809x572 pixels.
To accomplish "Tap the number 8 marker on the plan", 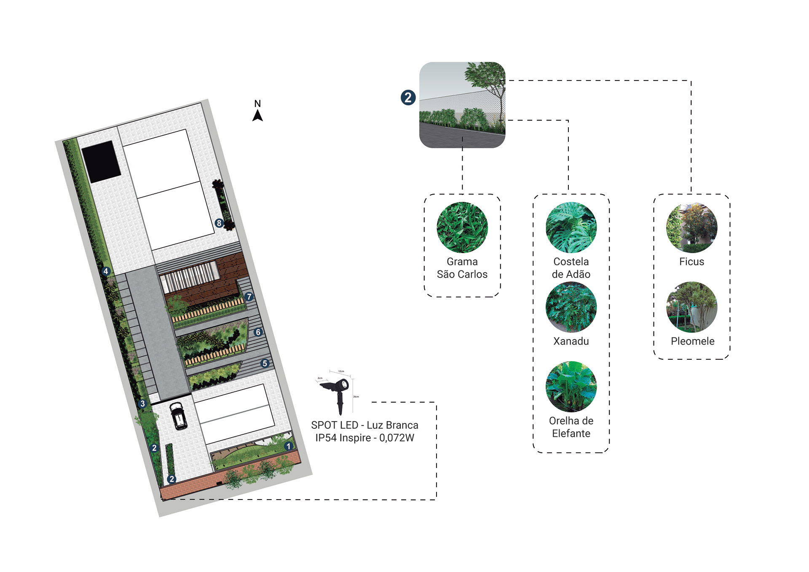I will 219,223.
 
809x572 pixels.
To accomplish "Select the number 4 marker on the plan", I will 106,271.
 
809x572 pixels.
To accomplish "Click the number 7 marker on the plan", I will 249,297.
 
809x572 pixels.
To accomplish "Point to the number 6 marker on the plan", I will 258,332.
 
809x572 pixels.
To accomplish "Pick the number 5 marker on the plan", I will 265,363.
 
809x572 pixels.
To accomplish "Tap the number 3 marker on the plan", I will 143,404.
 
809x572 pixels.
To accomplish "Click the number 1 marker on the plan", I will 289,446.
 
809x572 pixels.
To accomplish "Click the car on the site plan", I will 179,416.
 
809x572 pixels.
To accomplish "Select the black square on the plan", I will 101,162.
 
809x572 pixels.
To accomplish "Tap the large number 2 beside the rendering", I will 408,98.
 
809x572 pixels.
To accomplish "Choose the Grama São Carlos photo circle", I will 462,227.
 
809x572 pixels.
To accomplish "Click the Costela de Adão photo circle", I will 571,227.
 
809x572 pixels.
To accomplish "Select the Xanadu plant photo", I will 571,307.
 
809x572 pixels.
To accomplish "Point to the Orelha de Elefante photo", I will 571,386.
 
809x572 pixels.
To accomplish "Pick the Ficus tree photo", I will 691,227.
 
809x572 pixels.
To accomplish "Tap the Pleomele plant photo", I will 691,307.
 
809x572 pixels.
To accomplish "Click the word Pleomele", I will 692,341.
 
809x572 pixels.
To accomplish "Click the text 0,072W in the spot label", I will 396,438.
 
